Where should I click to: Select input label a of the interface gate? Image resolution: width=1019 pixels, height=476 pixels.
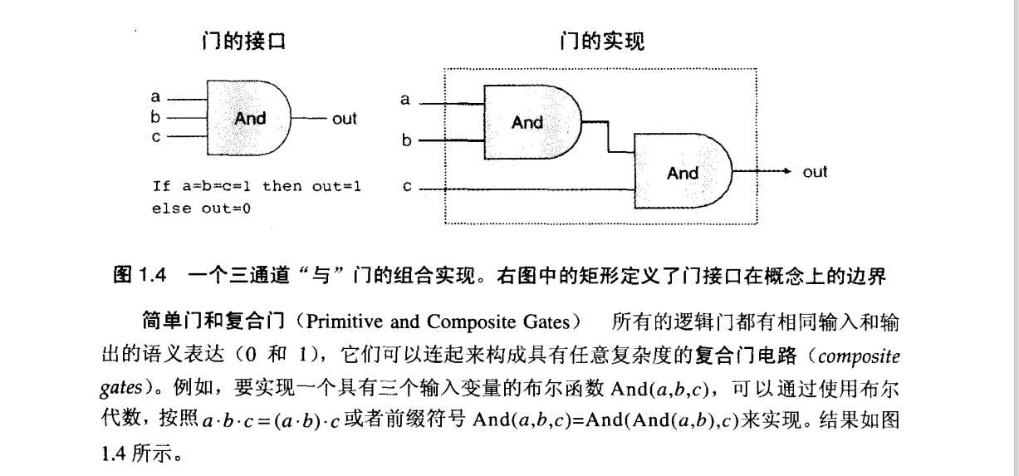click(155, 97)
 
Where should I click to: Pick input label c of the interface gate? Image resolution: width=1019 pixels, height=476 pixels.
click(155, 137)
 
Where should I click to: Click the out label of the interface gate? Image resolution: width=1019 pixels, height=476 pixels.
click(344, 119)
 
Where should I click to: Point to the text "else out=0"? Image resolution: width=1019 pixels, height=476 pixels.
click(202, 209)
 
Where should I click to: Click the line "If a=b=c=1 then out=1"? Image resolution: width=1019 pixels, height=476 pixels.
click(257, 186)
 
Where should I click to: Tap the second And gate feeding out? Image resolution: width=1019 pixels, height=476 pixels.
click(683, 173)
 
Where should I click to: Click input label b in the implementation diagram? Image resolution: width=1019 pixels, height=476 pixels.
click(407, 141)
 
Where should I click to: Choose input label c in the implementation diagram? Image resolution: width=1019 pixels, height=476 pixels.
click(407, 189)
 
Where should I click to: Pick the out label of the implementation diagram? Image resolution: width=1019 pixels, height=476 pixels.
click(815, 172)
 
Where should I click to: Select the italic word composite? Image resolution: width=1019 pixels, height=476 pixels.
click(855, 358)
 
